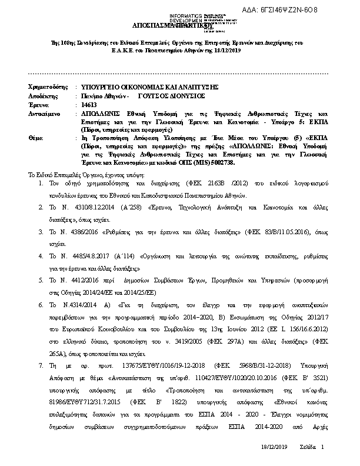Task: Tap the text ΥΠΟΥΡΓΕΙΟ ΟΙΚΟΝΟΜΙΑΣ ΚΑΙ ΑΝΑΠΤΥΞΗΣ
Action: (149, 86)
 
